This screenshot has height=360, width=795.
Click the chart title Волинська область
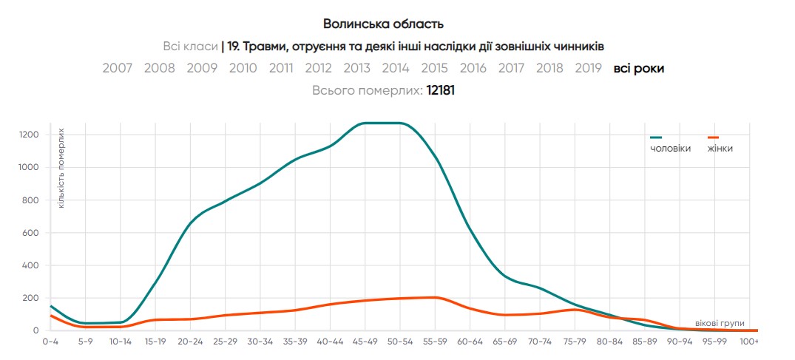[383, 24]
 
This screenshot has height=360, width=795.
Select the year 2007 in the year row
[118, 68]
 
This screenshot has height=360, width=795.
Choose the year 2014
[396, 68]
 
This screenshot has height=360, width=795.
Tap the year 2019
[588, 68]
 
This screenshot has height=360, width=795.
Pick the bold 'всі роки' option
[638, 68]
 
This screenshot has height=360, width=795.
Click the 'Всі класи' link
[190, 47]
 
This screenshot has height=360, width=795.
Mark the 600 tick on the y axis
[31, 233]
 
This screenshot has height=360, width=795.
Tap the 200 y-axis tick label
[31, 298]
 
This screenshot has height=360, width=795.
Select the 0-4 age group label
[50, 342]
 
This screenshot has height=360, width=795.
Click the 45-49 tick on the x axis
[365, 342]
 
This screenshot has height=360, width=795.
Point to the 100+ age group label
[749, 342]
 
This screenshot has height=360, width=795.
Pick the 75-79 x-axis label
[575, 342]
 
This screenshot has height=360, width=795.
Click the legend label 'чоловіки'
[670, 149]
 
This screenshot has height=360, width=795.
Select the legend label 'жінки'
[720, 149]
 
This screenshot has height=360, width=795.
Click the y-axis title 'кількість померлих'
[61, 167]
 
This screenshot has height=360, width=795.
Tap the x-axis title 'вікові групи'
[720, 323]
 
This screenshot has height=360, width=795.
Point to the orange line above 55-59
[436, 297]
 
